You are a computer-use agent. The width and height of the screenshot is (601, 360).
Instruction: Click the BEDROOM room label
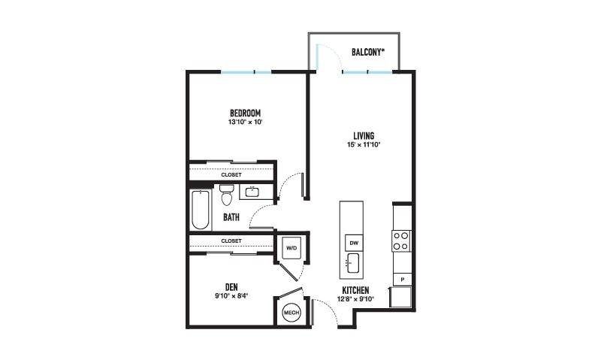point(246,113)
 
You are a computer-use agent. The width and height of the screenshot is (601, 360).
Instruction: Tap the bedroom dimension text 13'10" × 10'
point(246,123)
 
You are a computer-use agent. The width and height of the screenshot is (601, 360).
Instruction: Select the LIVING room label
point(364,136)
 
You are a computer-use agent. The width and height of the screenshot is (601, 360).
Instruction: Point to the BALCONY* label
point(368,52)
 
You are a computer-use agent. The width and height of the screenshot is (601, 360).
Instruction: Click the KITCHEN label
point(355,290)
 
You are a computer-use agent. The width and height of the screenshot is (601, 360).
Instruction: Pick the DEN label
point(231,287)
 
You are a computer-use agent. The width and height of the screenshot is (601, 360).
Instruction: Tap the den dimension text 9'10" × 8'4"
point(231,296)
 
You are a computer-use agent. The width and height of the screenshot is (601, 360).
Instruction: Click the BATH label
point(231,217)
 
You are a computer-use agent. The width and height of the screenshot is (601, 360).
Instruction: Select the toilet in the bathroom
point(227,195)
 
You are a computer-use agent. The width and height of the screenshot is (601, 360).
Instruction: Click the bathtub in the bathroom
point(201,210)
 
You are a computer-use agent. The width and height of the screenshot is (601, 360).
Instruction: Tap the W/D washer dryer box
point(291,248)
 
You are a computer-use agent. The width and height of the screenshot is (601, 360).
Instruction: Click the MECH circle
point(291,313)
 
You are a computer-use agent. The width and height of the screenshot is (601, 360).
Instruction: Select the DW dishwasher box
point(354,243)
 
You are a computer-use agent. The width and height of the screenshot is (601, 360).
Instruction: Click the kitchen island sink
point(353,263)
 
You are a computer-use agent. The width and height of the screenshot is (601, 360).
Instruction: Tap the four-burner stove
point(401,241)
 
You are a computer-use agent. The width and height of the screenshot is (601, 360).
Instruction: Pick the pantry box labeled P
point(402,280)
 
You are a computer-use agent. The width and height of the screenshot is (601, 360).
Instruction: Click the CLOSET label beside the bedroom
point(231,175)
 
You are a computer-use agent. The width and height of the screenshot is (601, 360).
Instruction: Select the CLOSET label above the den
point(231,241)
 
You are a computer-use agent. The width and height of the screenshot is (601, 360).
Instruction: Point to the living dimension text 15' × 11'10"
point(364,145)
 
